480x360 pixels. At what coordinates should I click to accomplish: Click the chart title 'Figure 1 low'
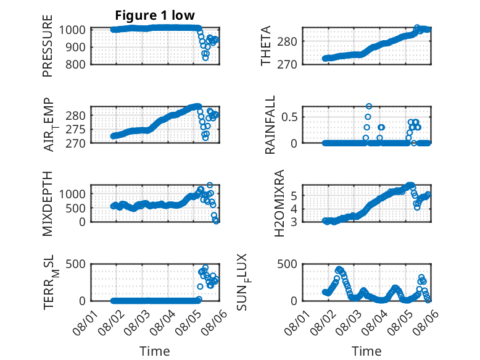pos(155,15)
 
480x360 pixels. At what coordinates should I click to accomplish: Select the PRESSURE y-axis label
pos(48,46)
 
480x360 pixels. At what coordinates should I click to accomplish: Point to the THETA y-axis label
pos(266,46)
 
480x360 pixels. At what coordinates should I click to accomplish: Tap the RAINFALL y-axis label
pos(270,125)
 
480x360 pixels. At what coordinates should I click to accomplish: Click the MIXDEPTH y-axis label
pos(48,204)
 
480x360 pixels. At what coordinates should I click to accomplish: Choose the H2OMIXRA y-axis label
pos(279,203)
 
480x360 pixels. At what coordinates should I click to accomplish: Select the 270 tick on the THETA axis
pos(287,65)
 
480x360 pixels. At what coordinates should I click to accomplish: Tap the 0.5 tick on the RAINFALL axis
pos(289,117)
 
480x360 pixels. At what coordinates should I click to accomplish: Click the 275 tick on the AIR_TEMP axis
pos(75,130)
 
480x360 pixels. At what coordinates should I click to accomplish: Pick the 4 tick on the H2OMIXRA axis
pos(294,209)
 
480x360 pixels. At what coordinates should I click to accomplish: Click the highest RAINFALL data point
pos(369,106)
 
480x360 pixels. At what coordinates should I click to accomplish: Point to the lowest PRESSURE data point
pos(205,57)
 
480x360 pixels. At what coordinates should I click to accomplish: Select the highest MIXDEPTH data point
pos(210,185)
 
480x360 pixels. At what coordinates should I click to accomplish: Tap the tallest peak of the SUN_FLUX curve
pos(339,269)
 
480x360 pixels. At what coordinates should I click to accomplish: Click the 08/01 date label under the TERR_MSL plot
pos(85,322)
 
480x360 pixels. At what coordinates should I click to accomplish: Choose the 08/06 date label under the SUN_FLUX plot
pos(426,322)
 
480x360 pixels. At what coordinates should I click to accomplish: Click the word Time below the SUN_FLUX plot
pos(366,351)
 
